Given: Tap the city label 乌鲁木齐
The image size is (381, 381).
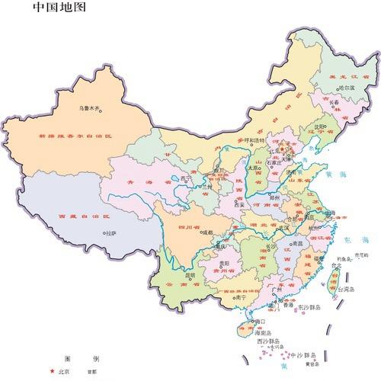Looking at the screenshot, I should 89,108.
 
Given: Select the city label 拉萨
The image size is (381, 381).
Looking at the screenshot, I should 110,233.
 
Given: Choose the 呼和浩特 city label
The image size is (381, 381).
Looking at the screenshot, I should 252,141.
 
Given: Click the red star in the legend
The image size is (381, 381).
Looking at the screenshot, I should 52,371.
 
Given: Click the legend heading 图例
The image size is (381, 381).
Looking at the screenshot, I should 81,357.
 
